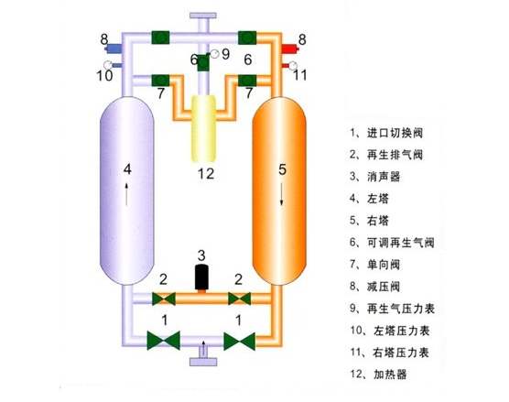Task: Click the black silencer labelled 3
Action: coord(201,277)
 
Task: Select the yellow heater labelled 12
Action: coord(203,128)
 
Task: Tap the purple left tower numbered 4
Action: coord(126,190)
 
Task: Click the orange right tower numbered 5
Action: coord(279,190)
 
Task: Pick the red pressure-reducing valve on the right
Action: coord(290,49)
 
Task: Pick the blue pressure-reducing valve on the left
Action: coord(114,49)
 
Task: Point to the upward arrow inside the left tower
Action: coord(126,194)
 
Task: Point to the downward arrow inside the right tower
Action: coord(281,193)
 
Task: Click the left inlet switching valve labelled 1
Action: coord(164,341)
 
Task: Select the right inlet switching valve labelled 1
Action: coord(240,342)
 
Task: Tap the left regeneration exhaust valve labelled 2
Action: coord(164,299)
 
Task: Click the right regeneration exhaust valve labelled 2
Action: coord(239,299)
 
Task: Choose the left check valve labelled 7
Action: coord(161,81)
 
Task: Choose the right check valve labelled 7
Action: coord(247,81)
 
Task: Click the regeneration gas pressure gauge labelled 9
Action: coord(214,54)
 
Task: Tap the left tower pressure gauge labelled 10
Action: coord(108,65)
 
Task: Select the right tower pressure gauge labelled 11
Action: coord(292,66)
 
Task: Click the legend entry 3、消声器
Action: coord(375,177)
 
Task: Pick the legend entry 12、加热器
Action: coord(378,375)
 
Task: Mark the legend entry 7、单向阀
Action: coord(375,265)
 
